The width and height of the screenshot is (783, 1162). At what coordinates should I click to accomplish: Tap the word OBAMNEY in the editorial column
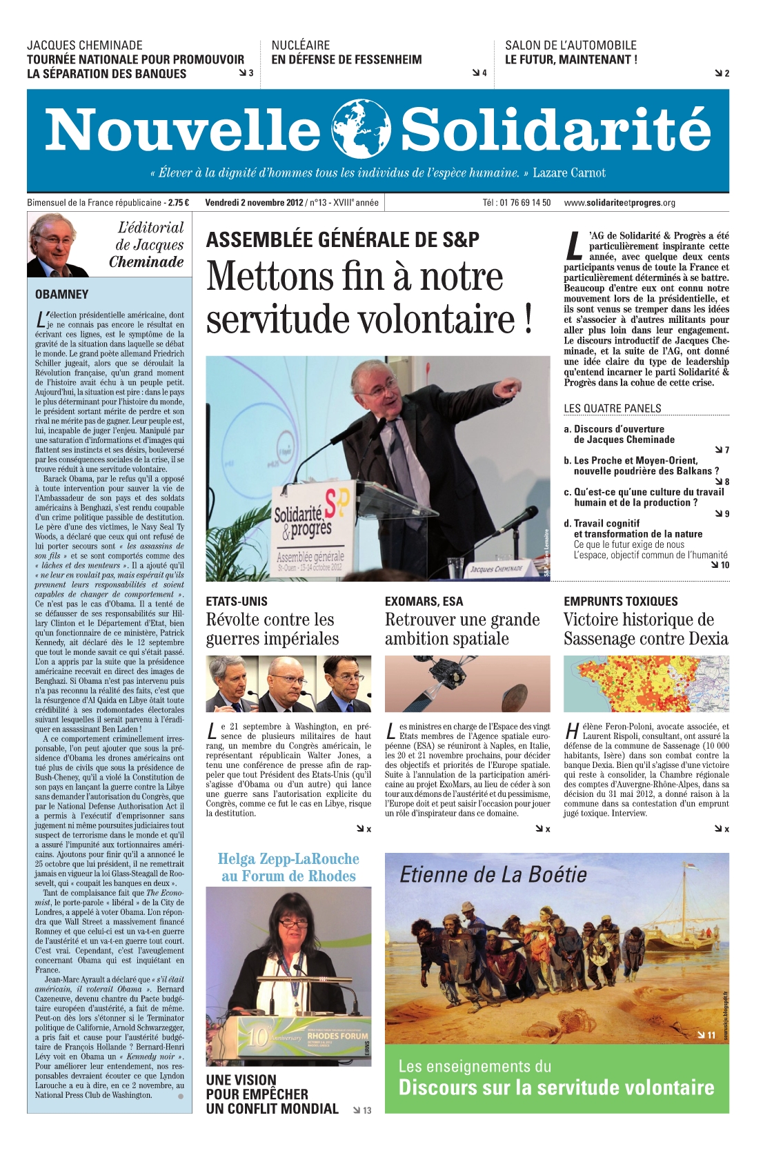tap(62, 295)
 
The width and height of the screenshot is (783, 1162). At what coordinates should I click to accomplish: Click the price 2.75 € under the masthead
tap(179, 203)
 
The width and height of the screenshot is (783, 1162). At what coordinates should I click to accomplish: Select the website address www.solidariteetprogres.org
tap(620, 203)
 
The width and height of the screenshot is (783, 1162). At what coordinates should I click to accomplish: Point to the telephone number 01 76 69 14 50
tap(517, 203)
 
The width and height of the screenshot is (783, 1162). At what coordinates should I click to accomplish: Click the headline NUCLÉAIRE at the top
tap(301, 46)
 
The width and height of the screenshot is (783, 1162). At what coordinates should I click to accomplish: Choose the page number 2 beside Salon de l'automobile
tap(726, 73)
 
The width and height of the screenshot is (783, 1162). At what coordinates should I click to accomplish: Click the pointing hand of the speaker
tap(511, 385)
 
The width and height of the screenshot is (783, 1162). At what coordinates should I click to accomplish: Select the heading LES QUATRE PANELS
tap(613, 408)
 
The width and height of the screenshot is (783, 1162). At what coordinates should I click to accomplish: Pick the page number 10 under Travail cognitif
tap(724, 565)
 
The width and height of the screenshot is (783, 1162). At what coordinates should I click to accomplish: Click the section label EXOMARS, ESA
tap(424, 602)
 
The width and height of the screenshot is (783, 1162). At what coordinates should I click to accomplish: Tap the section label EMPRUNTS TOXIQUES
tap(621, 602)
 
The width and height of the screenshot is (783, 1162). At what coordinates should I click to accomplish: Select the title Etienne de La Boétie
tap(493, 875)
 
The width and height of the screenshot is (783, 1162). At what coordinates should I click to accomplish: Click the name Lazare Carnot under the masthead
tap(569, 173)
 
